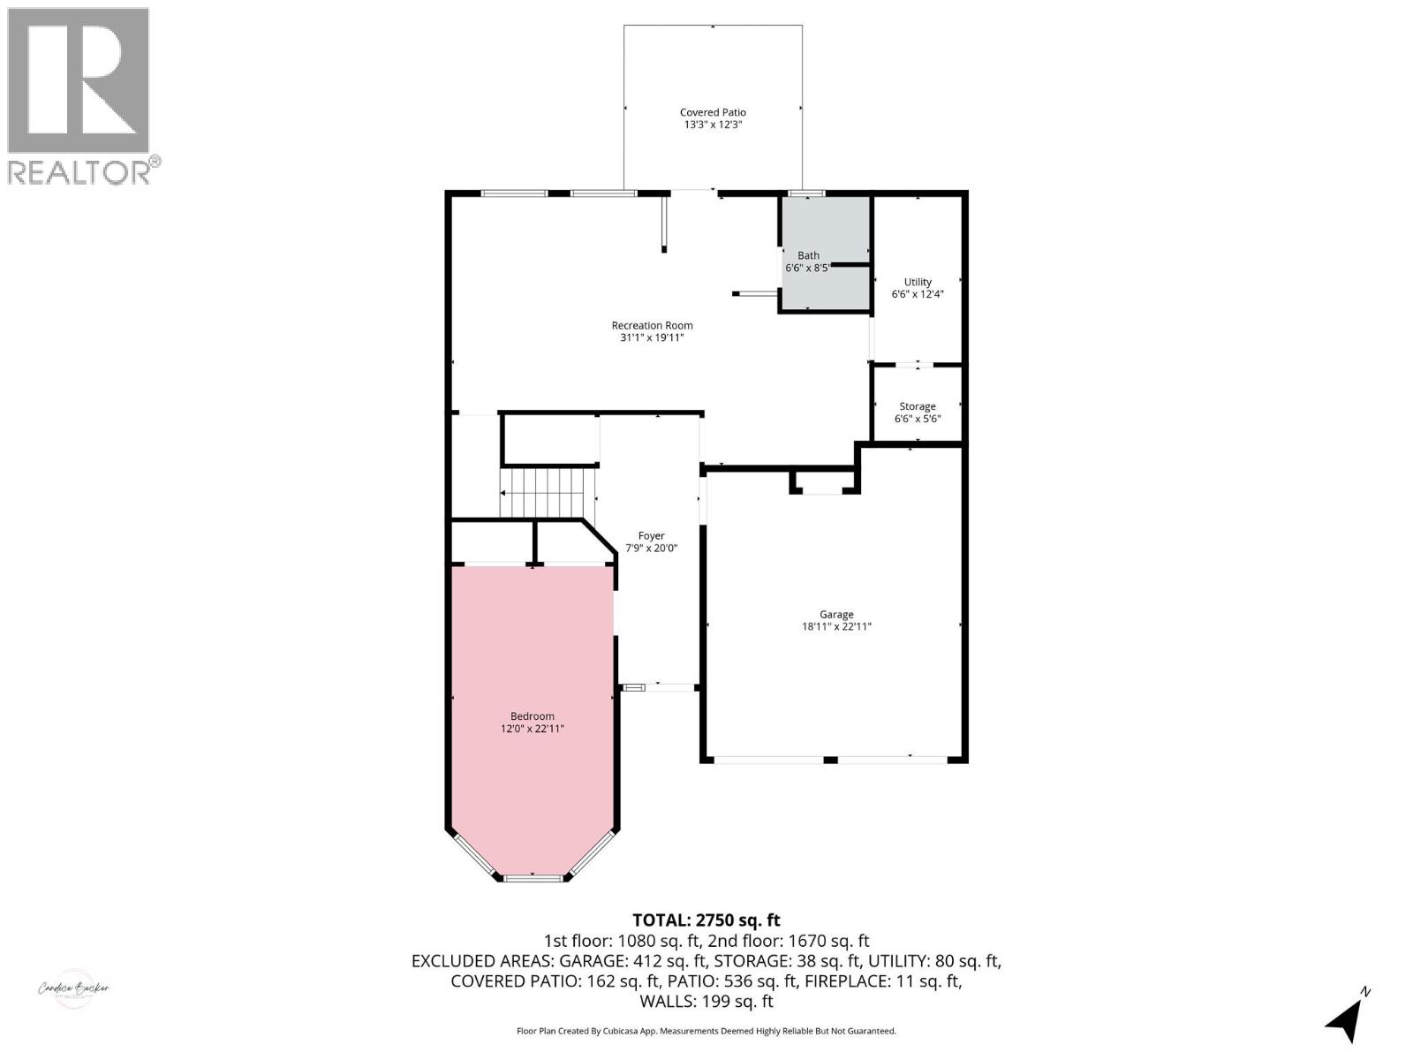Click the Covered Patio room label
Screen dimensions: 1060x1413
click(x=713, y=112)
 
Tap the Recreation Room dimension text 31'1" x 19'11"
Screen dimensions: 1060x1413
click(x=652, y=337)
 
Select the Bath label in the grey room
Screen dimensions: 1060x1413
click(x=808, y=255)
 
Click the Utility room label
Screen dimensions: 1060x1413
click(x=918, y=282)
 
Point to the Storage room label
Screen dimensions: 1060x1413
click(x=918, y=406)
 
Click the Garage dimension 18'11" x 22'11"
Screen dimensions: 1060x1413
click(x=836, y=627)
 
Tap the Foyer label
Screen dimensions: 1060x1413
click(x=651, y=535)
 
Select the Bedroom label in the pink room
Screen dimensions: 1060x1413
click(x=533, y=716)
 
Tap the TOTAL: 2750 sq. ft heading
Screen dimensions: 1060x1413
click(x=706, y=920)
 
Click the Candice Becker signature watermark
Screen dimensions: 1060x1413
click(x=73, y=988)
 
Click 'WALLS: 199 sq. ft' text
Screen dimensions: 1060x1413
click(x=706, y=1001)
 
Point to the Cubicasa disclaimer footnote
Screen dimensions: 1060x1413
click(x=706, y=1031)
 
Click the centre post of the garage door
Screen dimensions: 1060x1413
click(x=830, y=760)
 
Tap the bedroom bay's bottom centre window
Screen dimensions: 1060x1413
click(x=533, y=877)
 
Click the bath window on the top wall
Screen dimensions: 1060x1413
click(x=806, y=193)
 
